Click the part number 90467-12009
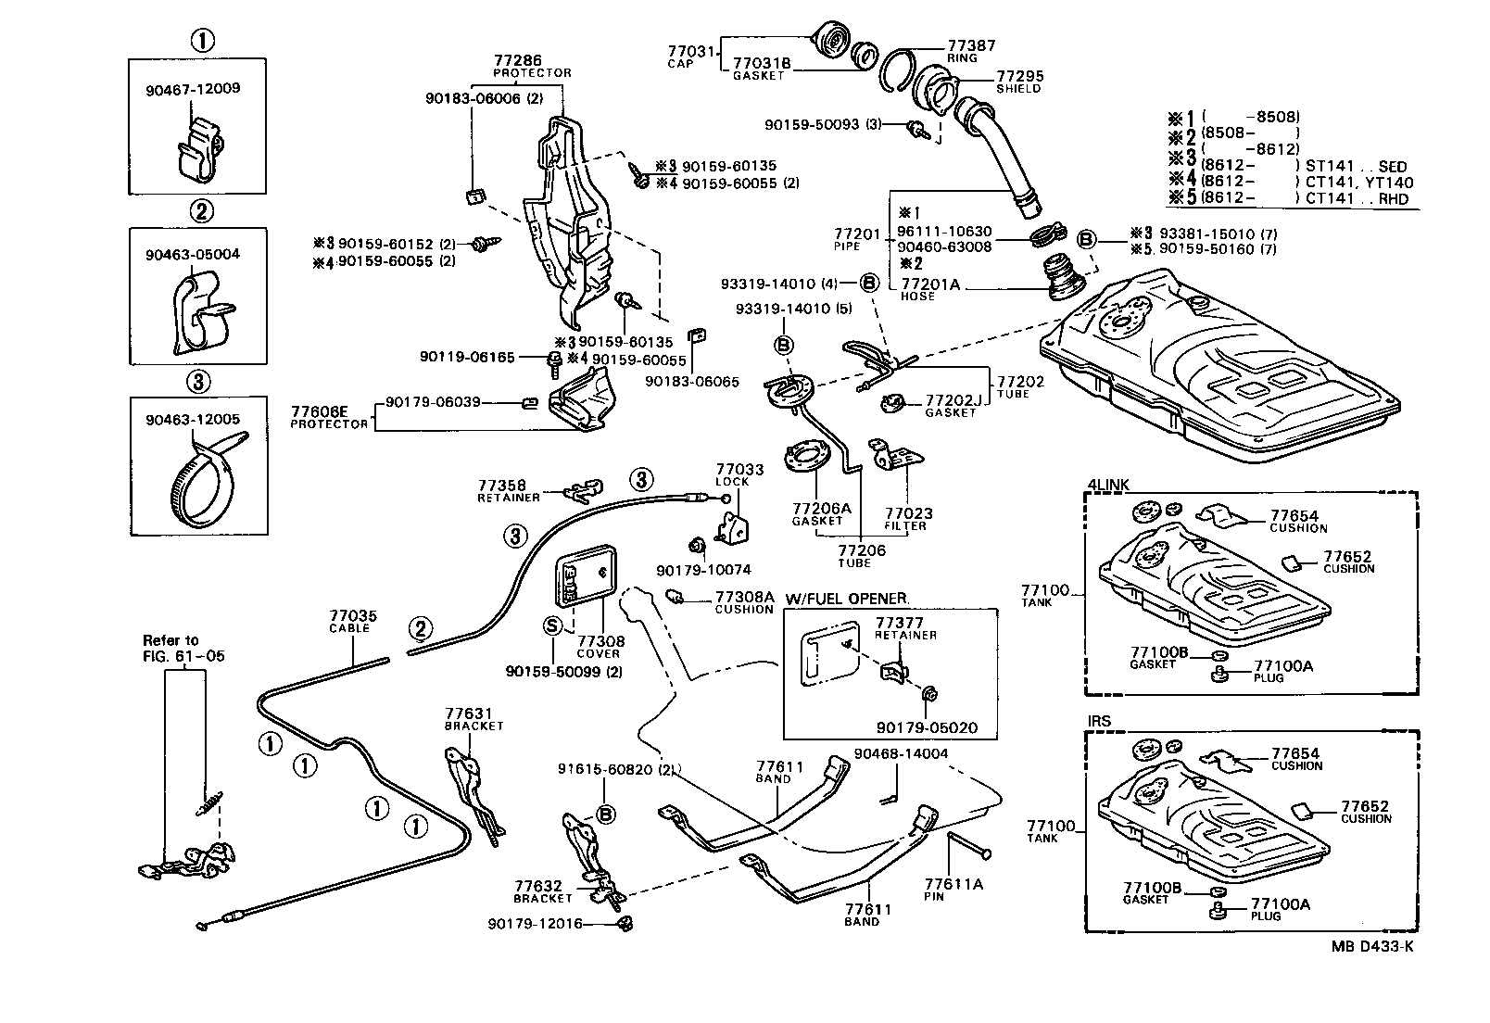click(x=193, y=89)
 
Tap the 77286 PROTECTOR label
click(x=532, y=65)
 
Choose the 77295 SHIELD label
click(x=1018, y=82)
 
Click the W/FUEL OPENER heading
click(x=846, y=598)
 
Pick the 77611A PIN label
click(x=953, y=890)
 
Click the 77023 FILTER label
click(x=907, y=519)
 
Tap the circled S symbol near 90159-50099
click(x=551, y=625)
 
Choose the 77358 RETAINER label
click(x=508, y=490)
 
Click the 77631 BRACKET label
click(x=474, y=719)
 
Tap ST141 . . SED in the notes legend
click(x=1366, y=168)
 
